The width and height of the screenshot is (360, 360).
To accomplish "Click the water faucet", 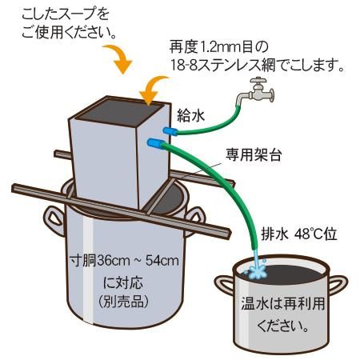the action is (x=256, y=91).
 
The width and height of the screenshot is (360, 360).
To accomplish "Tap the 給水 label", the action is (x=191, y=116).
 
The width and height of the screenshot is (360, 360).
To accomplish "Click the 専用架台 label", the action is (x=254, y=154).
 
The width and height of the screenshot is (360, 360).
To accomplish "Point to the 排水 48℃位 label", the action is (x=299, y=234).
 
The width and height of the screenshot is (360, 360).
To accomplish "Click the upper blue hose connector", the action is (x=170, y=131).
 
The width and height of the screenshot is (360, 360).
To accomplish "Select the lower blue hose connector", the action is (x=155, y=143).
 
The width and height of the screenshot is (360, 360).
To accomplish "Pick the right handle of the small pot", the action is (x=338, y=284).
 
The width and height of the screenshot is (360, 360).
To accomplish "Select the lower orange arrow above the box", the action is (x=153, y=90).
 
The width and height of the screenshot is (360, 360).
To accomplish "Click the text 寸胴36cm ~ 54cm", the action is (x=124, y=261).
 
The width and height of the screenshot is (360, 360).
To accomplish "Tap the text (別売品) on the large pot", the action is (x=124, y=302).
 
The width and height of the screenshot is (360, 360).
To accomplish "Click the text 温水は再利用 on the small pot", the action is (x=283, y=304).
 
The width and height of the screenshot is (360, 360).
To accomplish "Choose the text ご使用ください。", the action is (x=70, y=32).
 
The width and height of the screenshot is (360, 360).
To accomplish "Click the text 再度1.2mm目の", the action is (x=218, y=47).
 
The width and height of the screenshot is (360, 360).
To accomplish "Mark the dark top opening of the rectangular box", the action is (x=119, y=112).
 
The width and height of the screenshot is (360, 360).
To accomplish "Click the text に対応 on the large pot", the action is (x=123, y=282).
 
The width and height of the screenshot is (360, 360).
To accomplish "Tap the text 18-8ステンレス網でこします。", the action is (x=257, y=65).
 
